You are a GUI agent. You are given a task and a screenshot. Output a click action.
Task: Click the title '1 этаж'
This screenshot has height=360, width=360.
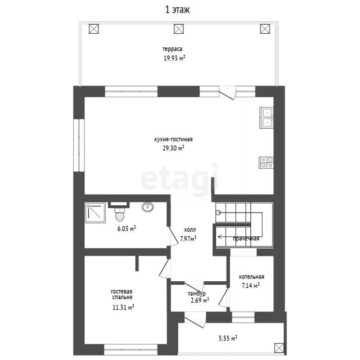point(177,10)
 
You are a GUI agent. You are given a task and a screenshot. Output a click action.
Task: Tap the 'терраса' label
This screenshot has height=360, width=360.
point(173,49)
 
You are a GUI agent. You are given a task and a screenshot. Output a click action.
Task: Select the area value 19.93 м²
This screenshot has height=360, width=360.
point(174,58)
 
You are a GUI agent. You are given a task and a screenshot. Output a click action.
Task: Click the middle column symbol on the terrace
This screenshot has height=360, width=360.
point(179,29)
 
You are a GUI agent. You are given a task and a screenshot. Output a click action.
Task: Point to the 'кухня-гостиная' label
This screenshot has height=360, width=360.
point(173,139)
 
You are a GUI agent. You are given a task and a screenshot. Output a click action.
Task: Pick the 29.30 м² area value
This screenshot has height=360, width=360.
point(173,148)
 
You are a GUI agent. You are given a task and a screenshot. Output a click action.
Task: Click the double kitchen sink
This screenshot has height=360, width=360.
point(266,118)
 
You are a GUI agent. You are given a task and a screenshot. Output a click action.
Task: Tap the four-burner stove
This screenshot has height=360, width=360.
point(266,163)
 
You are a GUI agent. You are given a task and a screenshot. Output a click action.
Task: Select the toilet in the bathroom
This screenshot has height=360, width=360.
point(119,214)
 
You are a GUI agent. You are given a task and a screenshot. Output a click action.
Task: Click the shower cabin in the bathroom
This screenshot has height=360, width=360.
point(95,213)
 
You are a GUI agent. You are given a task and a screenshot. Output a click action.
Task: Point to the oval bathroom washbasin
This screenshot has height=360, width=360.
point(147,207)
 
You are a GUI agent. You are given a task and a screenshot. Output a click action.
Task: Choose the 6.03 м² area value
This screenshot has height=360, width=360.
point(127,228)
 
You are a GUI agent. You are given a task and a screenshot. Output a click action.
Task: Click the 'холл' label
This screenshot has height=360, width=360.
point(190,229)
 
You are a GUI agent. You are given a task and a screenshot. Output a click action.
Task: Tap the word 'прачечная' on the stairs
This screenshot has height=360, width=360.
point(246,238)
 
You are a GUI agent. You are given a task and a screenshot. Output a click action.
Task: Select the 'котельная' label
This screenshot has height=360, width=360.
point(251,277)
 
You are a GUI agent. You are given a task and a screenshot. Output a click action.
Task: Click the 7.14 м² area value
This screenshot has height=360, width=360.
point(251,285)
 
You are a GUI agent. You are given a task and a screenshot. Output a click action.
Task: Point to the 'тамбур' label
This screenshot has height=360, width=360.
point(196,294)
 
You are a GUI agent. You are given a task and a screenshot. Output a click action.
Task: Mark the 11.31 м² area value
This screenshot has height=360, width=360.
point(123,307)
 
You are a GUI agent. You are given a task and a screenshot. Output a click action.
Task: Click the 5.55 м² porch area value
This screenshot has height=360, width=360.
point(228,338)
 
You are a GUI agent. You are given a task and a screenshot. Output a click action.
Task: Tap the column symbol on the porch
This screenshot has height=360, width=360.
point(279,348)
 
